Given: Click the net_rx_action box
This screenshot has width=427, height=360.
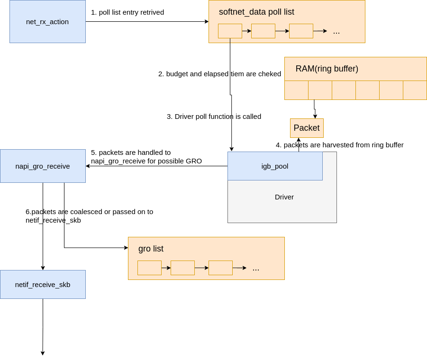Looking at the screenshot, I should click(x=47, y=21).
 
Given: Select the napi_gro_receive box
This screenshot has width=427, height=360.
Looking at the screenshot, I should click(x=43, y=166).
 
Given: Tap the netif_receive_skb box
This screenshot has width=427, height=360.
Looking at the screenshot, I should click(x=43, y=284).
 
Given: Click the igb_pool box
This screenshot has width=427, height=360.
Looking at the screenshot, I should click(x=275, y=166).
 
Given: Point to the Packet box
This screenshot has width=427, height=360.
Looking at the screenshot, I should click(x=307, y=128).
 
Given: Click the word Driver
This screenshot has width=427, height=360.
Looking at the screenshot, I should click(x=284, y=197).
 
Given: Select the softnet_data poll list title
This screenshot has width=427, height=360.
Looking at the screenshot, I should click(x=256, y=12).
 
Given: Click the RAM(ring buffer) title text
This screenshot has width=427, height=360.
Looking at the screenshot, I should click(x=327, y=69).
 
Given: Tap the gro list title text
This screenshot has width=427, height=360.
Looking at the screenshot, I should click(x=151, y=249).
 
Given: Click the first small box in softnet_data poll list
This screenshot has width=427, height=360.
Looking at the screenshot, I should click(x=230, y=31).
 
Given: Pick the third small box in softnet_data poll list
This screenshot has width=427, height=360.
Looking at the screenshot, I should click(x=301, y=31).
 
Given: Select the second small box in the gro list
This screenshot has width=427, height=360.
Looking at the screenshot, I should click(x=182, y=268).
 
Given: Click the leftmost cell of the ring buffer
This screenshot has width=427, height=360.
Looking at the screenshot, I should click(x=296, y=90).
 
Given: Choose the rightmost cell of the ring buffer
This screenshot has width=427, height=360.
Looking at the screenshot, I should click(x=415, y=90).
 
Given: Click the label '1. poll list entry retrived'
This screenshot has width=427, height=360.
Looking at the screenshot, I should click(x=127, y=12).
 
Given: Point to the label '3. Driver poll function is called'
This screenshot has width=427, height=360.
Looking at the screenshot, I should click(x=214, y=117).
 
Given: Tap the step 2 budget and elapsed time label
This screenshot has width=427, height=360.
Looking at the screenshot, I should click(x=219, y=74).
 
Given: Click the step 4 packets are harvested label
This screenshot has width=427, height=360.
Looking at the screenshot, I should click(x=340, y=145).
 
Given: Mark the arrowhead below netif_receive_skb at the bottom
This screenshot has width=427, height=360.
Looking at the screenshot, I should click(x=43, y=353).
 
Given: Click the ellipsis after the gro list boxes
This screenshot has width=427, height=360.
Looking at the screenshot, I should click(x=256, y=269).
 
